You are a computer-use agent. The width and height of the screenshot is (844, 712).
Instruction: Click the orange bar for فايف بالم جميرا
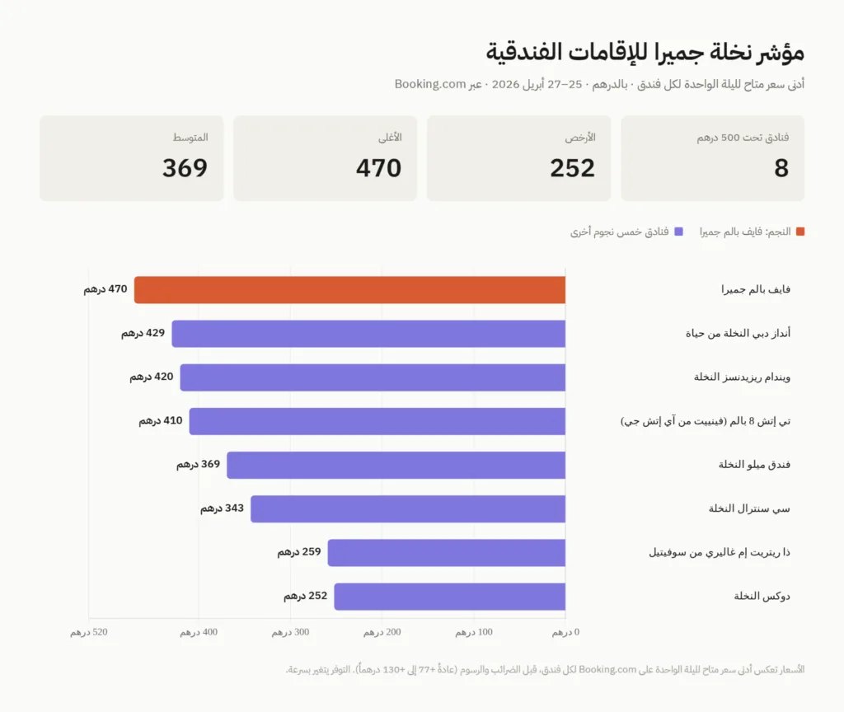pyautogui.click(x=349, y=290)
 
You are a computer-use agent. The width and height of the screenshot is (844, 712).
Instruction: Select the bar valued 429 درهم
pyautogui.click(x=368, y=334)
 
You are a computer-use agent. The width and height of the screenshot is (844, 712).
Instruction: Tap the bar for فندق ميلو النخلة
pyautogui.click(x=396, y=465)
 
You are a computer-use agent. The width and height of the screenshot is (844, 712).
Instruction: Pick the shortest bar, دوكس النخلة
pyautogui.click(x=449, y=597)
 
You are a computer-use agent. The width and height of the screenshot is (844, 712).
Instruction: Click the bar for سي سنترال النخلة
pyautogui.click(x=408, y=508)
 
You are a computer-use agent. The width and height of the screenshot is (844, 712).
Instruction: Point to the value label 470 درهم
pyautogui.click(x=105, y=289)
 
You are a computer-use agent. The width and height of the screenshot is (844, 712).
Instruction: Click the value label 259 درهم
pyautogui.click(x=299, y=552)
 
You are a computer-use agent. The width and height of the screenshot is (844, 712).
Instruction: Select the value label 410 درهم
pyautogui.click(x=161, y=420)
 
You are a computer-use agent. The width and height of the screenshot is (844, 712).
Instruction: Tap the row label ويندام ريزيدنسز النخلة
pyautogui.click(x=742, y=377)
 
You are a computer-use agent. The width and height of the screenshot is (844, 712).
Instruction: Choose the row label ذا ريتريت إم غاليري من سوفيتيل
pyautogui.click(x=720, y=552)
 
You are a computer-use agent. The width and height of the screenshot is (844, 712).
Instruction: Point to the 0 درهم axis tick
pyautogui.click(x=565, y=632)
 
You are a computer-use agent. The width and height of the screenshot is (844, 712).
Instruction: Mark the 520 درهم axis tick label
pyautogui.click(x=89, y=632)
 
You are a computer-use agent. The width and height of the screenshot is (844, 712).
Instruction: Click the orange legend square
pyautogui.click(x=799, y=232)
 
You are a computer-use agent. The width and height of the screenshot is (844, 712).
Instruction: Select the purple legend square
pyautogui.click(x=679, y=232)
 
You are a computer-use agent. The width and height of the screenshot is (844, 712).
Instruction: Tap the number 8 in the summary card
pyautogui.click(x=781, y=169)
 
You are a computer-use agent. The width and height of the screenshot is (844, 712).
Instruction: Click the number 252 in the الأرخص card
pyautogui.click(x=572, y=169)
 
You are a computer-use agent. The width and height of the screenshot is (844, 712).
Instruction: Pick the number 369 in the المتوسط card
pyautogui.click(x=185, y=169)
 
